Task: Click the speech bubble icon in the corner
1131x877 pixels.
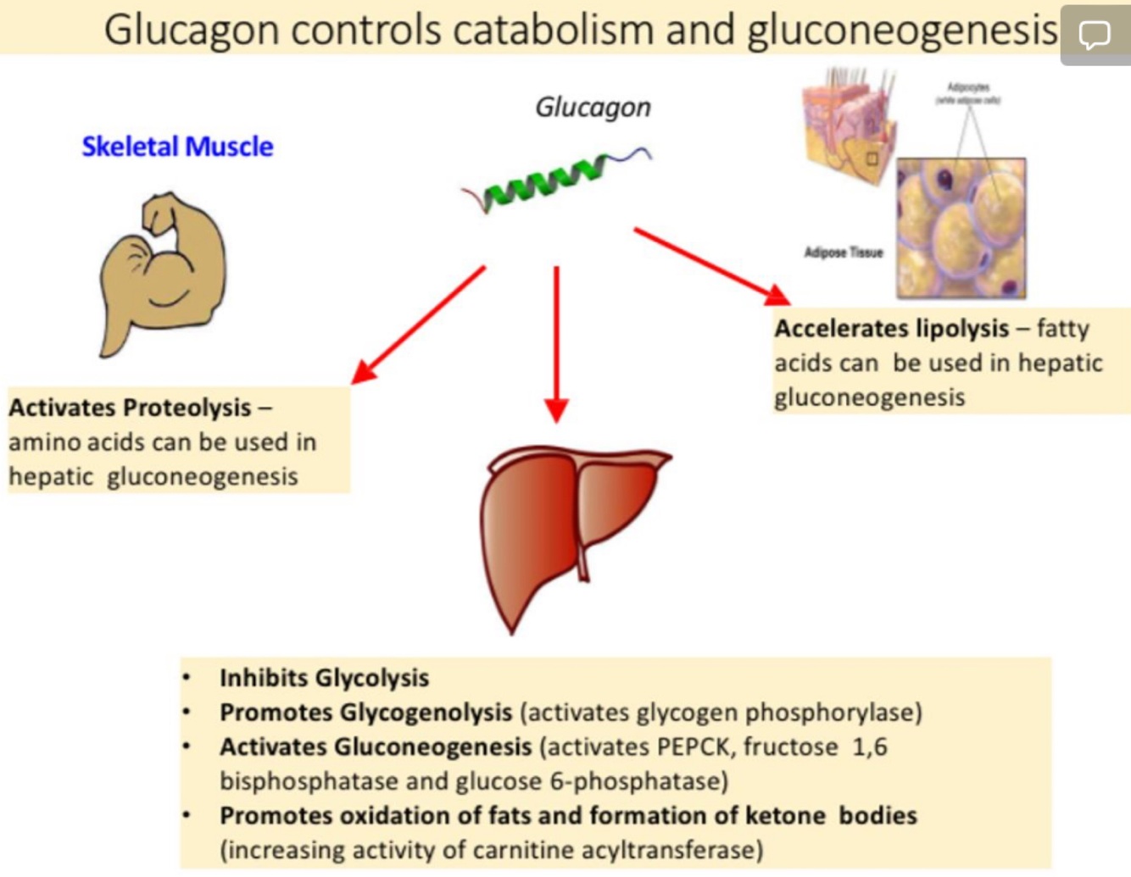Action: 1094,35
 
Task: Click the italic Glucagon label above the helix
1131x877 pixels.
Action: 593,108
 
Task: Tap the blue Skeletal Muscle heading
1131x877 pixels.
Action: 177,147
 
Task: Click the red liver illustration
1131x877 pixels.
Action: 568,530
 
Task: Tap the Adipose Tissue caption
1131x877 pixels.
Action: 844,253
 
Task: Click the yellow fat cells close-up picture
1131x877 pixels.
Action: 961,227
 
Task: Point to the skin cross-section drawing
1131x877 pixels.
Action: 848,127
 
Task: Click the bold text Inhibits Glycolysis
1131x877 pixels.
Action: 324,678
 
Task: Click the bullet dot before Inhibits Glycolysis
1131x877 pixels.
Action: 187,678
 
